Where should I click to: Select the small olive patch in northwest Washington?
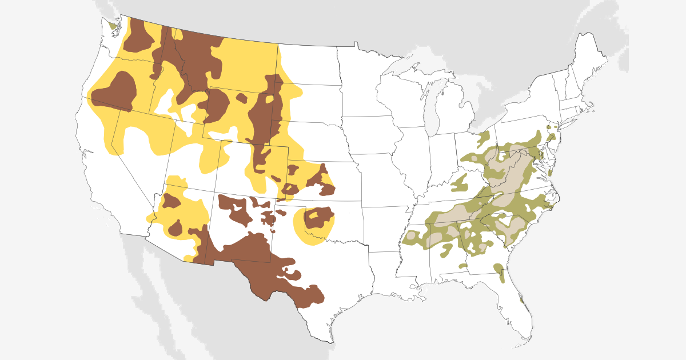(x=112, y=25)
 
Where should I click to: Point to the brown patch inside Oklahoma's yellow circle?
(x=318, y=218)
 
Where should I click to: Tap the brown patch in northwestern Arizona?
(x=171, y=201)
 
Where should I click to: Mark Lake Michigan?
(x=433, y=106)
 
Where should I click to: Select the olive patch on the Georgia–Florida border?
(x=499, y=271)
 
